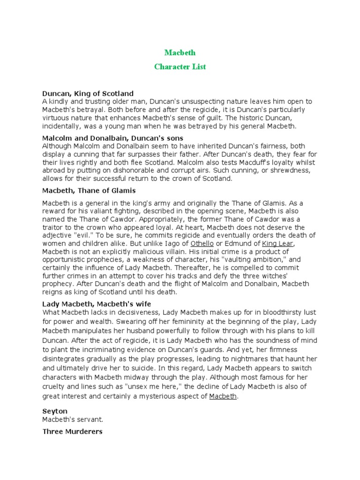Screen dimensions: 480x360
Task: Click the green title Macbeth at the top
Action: point(180,52)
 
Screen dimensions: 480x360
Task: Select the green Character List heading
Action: point(180,67)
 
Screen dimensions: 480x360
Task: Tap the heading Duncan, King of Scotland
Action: point(88,93)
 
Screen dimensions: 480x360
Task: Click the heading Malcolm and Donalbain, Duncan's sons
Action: point(112,138)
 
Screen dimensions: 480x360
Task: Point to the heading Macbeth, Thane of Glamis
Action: point(89,190)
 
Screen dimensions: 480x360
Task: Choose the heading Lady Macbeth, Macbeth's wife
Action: point(97,304)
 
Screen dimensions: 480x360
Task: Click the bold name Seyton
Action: point(54,411)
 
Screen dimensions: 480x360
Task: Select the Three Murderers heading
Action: point(72,431)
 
